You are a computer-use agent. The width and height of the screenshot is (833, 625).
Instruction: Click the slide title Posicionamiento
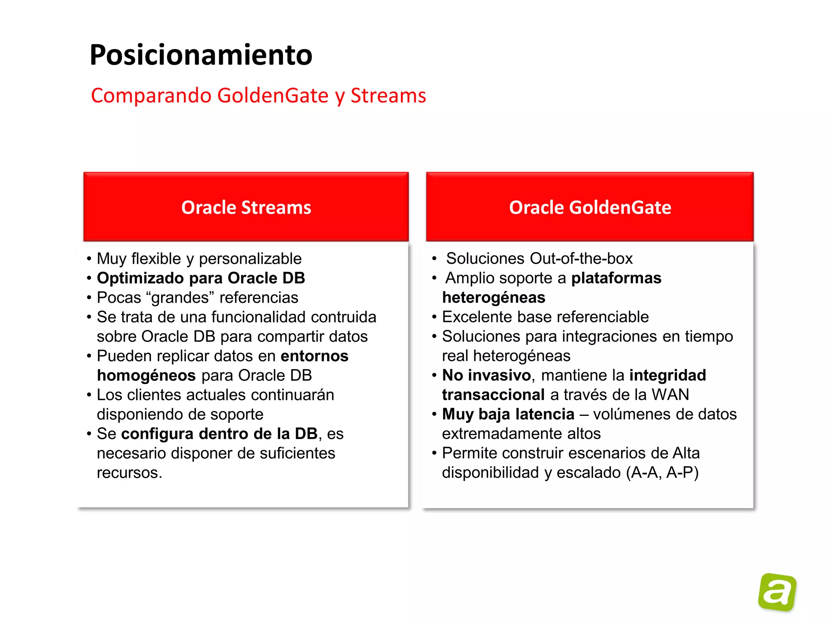pos(201,55)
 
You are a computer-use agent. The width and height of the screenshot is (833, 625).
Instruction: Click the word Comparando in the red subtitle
pos(151,96)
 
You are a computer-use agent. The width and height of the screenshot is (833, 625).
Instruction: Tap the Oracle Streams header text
pos(246,208)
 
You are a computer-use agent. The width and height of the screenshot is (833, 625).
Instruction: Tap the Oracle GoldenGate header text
pos(590,208)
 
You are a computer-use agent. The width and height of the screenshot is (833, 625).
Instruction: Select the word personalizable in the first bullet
pos(250,259)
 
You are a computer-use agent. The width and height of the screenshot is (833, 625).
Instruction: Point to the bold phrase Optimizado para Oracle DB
pos(201,278)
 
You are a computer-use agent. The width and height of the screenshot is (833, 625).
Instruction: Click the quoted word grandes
pos(180,298)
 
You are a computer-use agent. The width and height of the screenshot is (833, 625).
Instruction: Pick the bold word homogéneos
pos(146,376)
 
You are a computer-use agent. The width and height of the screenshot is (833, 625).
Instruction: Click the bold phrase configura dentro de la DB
pos(219,434)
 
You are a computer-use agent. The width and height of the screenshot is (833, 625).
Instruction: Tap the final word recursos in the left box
pos(129,473)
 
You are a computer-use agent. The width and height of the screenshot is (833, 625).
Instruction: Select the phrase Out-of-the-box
pos(581,259)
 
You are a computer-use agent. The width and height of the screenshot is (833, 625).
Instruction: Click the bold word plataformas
pos(616,278)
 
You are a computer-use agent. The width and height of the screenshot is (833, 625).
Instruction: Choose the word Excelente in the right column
pos(472,317)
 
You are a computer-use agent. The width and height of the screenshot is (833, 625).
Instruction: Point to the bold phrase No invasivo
pos(486,376)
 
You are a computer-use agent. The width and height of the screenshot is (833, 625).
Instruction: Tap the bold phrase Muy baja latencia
pos(508,414)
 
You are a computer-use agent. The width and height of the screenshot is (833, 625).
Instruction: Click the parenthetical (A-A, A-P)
pos(662,473)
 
